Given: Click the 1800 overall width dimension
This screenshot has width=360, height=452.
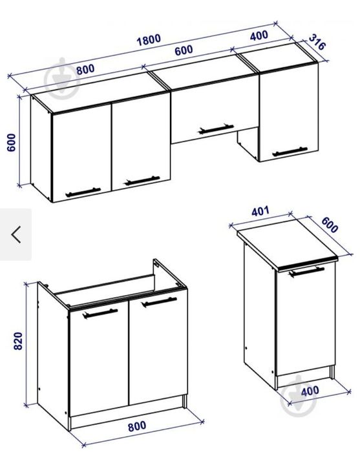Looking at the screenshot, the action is click(x=149, y=40).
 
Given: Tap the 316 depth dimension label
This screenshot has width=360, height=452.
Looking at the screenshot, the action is click(x=317, y=42).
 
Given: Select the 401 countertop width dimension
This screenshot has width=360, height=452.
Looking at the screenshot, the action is click(x=260, y=211).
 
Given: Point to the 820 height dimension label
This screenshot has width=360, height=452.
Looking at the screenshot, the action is click(x=18, y=341).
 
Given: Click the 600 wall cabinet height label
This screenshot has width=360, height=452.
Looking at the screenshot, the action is click(x=11, y=143).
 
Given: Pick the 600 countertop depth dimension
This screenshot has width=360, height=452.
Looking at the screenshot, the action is click(x=330, y=225).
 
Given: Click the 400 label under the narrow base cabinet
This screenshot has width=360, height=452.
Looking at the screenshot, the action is click(x=310, y=391).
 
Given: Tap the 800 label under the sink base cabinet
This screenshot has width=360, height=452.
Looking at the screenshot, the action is click(x=137, y=426).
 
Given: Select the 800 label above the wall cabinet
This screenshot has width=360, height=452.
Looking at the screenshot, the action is click(x=85, y=70).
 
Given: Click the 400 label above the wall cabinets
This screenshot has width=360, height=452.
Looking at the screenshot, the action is click(x=259, y=36).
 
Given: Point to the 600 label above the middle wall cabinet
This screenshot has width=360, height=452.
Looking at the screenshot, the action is click(x=184, y=51).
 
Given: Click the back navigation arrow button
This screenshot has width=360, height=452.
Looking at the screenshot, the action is click(x=16, y=234).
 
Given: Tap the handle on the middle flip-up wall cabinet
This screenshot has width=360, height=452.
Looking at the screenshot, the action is click(x=216, y=129).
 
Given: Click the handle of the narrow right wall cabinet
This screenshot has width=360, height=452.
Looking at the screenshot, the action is click(x=290, y=151).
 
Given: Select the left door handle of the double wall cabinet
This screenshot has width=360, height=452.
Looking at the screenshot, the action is click(x=83, y=192).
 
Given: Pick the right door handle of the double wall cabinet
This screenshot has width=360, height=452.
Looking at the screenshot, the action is click(x=142, y=180).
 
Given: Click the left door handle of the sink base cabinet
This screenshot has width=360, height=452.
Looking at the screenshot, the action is click(x=100, y=313).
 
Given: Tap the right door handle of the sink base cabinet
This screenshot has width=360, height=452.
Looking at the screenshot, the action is click(x=159, y=302).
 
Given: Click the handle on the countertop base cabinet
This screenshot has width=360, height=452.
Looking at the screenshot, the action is click(x=306, y=272).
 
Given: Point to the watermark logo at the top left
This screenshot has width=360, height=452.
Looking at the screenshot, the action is click(x=62, y=79).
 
